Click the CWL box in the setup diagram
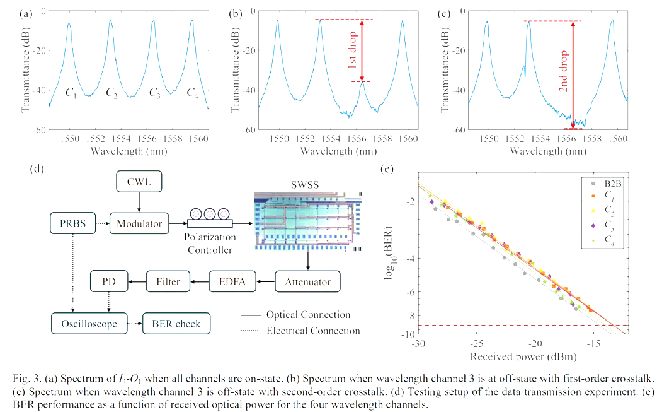coord(139,184)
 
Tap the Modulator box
coord(139,223)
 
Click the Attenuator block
coord(307,281)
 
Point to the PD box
coord(108,281)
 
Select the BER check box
coord(176,324)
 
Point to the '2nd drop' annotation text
coord(563,76)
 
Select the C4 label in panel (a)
coord(193,92)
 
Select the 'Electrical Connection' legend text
coord(313,331)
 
